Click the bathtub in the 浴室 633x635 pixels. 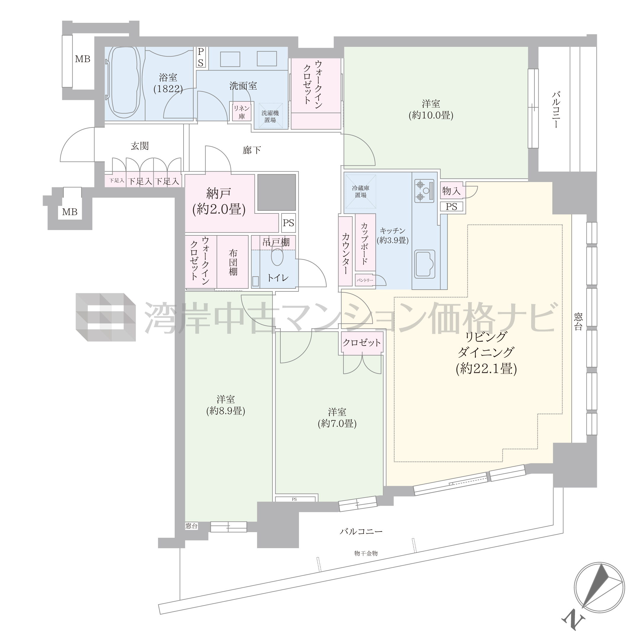[x=123, y=82]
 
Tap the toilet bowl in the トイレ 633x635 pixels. [x=277, y=256]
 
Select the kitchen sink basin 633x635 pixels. [x=425, y=264]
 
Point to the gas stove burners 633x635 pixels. [x=424, y=191]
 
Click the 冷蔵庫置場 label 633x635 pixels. [x=361, y=192]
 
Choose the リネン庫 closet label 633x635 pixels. [x=242, y=112]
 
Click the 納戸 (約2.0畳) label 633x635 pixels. [x=219, y=201]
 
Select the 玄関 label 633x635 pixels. [x=140, y=146]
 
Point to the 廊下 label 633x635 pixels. [x=252, y=150]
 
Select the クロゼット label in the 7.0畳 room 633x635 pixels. [x=362, y=342]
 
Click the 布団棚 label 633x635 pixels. [x=233, y=262]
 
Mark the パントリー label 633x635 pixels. [x=365, y=280]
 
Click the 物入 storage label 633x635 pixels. [x=452, y=191]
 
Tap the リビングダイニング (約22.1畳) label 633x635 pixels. [x=486, y=353]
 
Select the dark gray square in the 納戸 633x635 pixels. [x=277, y=192]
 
